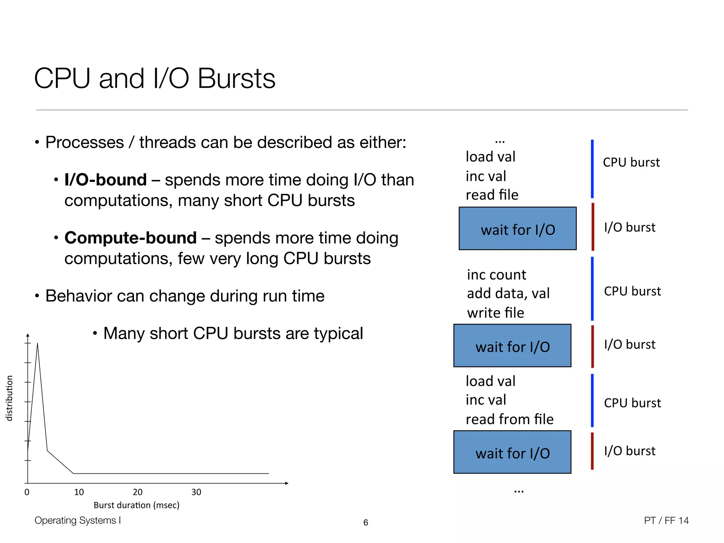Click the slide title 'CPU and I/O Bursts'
(x=154, y=78)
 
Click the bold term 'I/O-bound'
(x=105, y=180)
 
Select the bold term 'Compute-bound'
(x=130, y=238)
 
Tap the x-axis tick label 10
(x=79, y=492)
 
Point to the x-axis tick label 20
(x=138, y=492)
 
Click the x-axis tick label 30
(x=196, y=492)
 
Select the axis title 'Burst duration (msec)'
(x=136, y=505)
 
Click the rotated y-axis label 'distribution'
(x=10, y=398)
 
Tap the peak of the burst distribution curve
(x=37, y=344)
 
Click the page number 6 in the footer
(x=366, y=522)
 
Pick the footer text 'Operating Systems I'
(x=78, y=520)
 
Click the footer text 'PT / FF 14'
(x=666, y=520)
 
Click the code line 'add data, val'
(x=508, y=293)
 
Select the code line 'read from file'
(x=509, y=419)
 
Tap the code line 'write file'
(x=495, y=313)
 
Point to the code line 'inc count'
(x=496, y=275)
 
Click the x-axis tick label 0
(x=27, y=492)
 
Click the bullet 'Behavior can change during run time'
(x=185, y=296)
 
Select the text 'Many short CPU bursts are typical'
(x=233, y=333)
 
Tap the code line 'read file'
(x=492, y=195)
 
